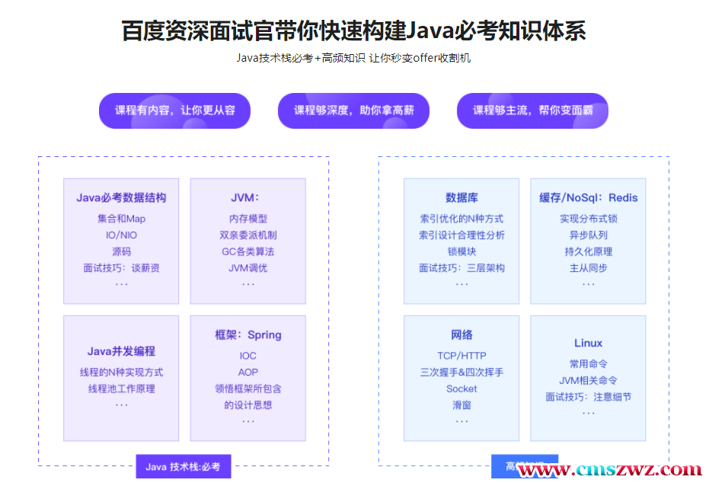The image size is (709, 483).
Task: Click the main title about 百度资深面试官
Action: [x=353, y=30]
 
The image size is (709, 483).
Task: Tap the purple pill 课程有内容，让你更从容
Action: [x=174, y=110]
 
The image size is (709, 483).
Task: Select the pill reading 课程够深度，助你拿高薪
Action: [x=353, y=110]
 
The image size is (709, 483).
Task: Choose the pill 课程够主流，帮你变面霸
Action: [x=532, y=110]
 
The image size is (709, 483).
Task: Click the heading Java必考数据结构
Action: [x=121, y=198]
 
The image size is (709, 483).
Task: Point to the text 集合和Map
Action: [x=121, y=219]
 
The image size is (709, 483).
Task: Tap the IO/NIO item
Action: [x=121, y=235]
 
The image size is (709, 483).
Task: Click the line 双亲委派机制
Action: [x=248, y=235]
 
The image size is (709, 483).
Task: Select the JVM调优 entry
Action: [x=248, y=268]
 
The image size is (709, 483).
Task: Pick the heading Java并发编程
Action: [x=121, y=351]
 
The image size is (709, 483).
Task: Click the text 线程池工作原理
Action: [x=121, y=389]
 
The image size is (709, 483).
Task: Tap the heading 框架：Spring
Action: [x=248, y=335]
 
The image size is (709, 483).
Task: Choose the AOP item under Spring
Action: [x=248, y=373]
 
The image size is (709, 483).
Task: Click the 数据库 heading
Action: [x=461, y=198]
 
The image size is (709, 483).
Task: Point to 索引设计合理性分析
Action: [x=461, y=235]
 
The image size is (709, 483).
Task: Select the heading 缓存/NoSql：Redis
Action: [x=588, y=198]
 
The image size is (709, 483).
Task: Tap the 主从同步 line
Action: [x=588, y=268]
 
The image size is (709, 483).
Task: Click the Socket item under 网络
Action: [x=461, y=389]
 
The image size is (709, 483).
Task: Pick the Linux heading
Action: [x=588, y=344]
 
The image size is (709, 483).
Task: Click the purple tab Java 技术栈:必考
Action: [x=183, y=467]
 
